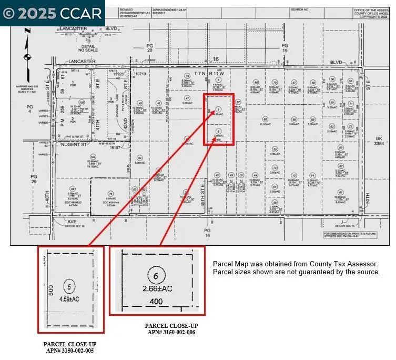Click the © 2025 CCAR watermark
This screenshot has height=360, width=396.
point(53,13)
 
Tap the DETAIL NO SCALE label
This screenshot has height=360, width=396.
point(88,48)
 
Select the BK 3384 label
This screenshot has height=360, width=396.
point(379,141)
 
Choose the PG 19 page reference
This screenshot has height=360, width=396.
point(285,48)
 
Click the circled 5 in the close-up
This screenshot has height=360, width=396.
point(69,287)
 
